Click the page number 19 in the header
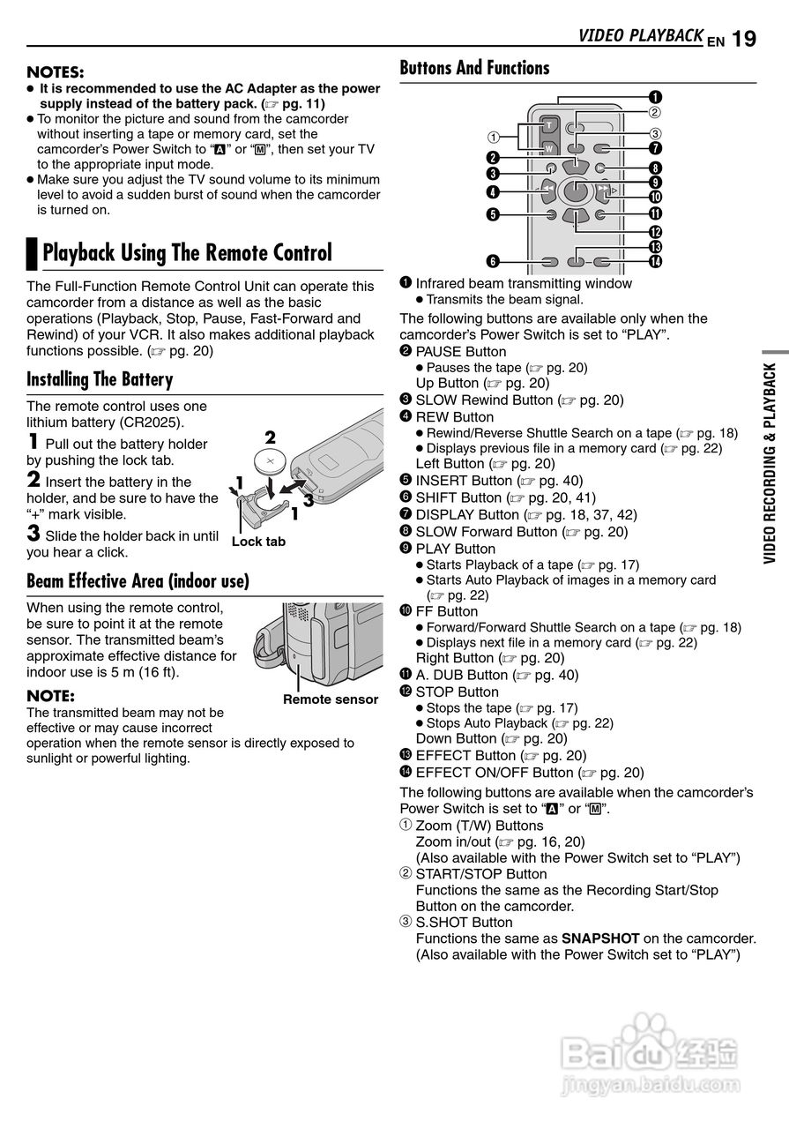point(744,38)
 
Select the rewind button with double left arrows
point(548,190)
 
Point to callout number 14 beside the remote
point(656,261)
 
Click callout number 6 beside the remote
point(493,261)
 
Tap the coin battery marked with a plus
point(271,460)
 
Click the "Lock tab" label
point(258,542)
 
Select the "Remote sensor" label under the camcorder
point(330,699)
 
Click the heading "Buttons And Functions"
point(474,68)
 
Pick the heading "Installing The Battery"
point(100,380)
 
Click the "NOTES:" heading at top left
point(56,71)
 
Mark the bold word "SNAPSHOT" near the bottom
point(600,938)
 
